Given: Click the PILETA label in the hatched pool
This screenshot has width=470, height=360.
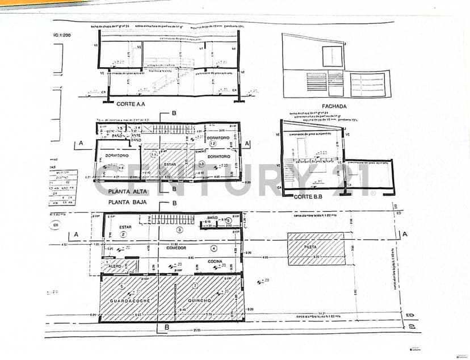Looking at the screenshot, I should (x=310, y=248).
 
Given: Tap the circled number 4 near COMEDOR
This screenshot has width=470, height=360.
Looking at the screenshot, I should (x=213, y=248).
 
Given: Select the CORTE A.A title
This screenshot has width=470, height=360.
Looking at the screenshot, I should (x=131, y=104).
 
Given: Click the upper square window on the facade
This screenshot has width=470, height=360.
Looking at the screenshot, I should (x=333, y=56).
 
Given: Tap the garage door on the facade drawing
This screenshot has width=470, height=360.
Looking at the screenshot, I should (x=367, y=85).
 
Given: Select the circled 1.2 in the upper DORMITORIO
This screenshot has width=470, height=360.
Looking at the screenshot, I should (x=213, y=145).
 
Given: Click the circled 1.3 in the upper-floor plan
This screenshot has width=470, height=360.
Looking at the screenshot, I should (x=201, y=164).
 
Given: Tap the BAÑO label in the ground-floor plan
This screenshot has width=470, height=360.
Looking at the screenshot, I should (x=213, y=218).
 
